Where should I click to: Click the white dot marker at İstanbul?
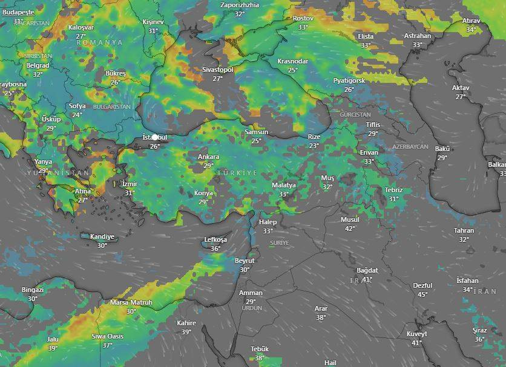coord(156,138)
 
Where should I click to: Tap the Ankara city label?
coord(209,157)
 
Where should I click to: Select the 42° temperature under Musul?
coord(350,229)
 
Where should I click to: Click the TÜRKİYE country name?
coord(237,174)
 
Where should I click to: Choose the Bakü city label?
coord(442,149)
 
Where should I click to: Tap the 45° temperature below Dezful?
coord(422,294)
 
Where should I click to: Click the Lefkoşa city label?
coord(215,240)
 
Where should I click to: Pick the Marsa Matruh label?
coord(131,302)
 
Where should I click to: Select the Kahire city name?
coord(186,323)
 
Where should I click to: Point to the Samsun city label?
coord(256,132)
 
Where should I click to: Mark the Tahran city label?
coord(464,230)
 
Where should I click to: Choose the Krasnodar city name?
coord(292,62)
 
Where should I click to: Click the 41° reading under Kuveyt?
coord(416,343)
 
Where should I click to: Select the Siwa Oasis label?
coord(107,336)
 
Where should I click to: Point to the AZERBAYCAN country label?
coord(410,148)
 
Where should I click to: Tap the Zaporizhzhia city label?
coord(240,5)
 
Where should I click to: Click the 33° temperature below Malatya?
coord(283,194)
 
